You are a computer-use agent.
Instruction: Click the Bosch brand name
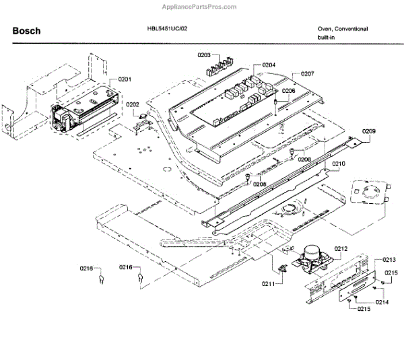[x=27, y=31]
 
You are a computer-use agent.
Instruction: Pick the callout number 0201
[x=125, y=79]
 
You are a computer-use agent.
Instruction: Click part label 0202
[x=132, y=104]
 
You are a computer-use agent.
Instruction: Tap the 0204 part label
[x=269, y=65]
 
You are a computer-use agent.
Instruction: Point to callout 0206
[x=288, y=90]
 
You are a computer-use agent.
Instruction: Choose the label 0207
[x=308, y=73]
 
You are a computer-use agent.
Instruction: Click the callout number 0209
[x=369, y=131]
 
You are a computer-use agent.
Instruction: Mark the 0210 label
[x=338, y=164]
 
